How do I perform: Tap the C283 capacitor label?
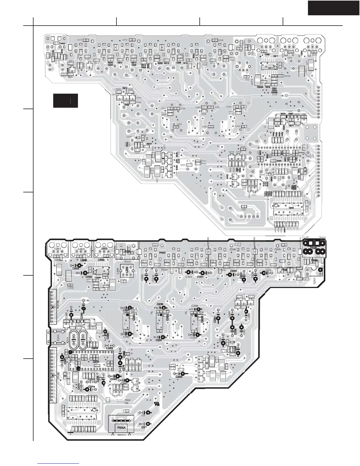(109, 348)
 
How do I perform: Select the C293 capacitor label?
(179, 377)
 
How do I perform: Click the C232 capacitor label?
(89, 277)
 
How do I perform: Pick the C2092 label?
(71, 288)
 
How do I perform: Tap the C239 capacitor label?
(160, 304)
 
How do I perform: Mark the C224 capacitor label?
(234, 271)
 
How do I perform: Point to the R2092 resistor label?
(287, 76)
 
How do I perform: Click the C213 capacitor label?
(79, 40)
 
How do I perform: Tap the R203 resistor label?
(62, 44)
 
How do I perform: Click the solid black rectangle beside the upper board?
(65, 101)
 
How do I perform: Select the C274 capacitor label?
(91, 387)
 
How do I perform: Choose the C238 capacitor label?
(194, 306)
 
